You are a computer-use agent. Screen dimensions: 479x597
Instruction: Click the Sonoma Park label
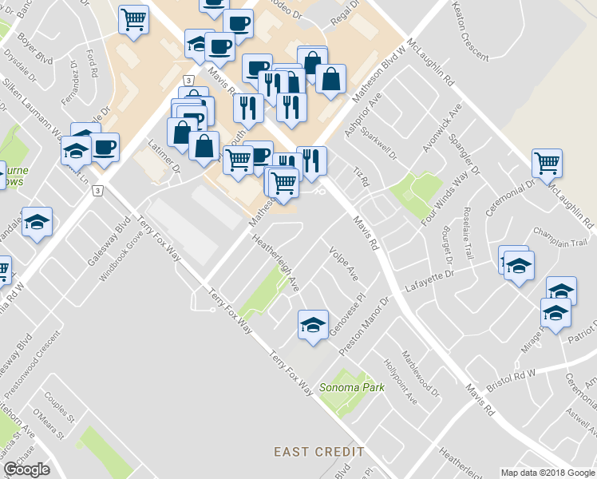pos(352,388)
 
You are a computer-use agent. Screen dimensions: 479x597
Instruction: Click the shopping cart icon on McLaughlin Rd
pos(548,164)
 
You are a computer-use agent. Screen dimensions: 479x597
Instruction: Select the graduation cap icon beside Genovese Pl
pos(312,324)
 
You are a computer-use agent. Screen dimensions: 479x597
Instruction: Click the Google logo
pos(26,469)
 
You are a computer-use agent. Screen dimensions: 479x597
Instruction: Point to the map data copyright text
pos(547,473)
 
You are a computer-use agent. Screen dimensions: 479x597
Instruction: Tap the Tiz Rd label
pos(362,177)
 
